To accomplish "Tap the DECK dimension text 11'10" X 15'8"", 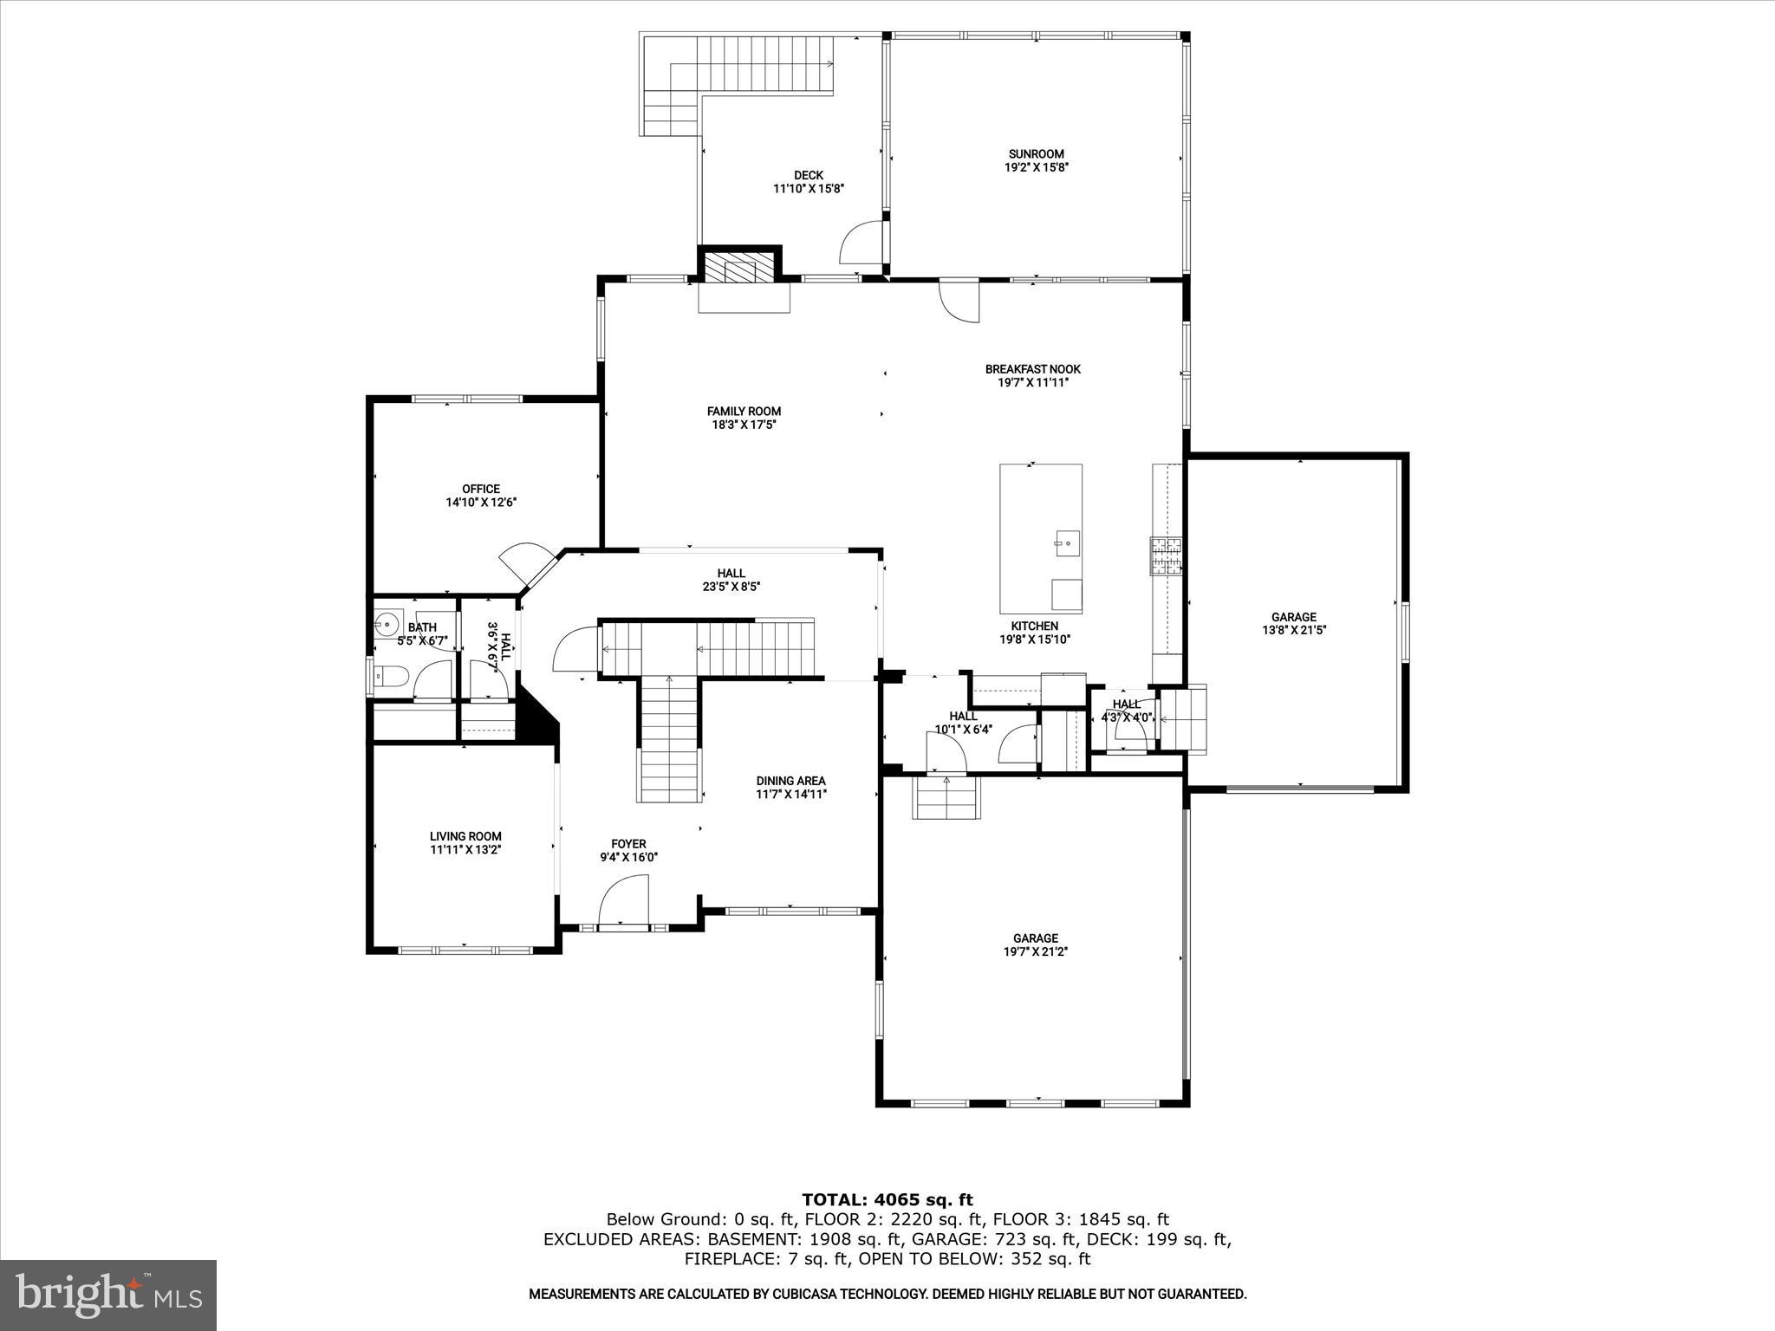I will pos(808,188).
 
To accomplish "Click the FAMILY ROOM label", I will pos(744,412).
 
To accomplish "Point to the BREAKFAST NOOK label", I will pos(1032,369).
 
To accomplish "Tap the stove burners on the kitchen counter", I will pos(1166,555).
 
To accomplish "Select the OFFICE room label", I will pos(481,489).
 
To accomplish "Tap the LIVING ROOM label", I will pos(465,836).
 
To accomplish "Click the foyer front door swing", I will pos(624,901).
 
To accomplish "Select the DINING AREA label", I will pos(790,781).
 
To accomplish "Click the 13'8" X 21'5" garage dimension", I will pos(1293,631).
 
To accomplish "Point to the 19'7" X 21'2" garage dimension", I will pos(1035,951).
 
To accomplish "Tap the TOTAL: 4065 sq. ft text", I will pos(887,1200).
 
